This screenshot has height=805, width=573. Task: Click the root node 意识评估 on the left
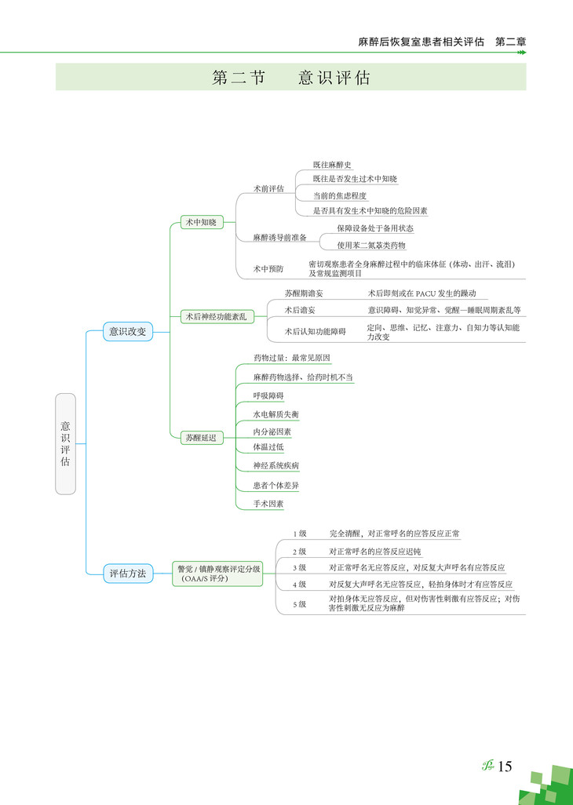pyautogui.click(x=66, y=443)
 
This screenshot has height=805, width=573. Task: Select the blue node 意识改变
pyautogui.click(x=127, y=332)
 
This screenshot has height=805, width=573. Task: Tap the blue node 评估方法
pyautogui.click(x=127, y=574)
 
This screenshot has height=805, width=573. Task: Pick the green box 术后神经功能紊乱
pyautogui.click(x=215, y=317)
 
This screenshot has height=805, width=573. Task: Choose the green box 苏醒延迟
pyautogui.click(x=200, y=438)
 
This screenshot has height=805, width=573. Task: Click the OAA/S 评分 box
pyautogui.click(x=219, y=574)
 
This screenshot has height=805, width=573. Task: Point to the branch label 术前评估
pyautogui.click(x=268, y=189)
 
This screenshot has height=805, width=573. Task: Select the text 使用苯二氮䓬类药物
pyautogui.click(x=371, y=245)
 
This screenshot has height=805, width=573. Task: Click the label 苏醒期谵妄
pyautogui.click(x=304, y=293)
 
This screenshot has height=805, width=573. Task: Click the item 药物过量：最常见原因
pyautogui.click(x=291, y=358)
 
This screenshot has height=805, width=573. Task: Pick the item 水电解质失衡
pyautogui.click(x=276, y=413)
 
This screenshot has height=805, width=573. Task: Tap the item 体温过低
pyautogui.click(x=268, y=446)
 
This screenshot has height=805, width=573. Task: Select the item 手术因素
pyautogui.click(x=268, y=504)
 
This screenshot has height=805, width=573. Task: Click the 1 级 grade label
pyautogui.click(x=299, y=534)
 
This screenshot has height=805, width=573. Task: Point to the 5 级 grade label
pyautogui.click(x=299, y=603)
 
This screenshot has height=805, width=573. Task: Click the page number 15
pyautogui.click(x=504, y=767)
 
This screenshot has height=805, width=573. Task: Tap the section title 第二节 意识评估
pyautogui.click(x=291, y=78)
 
